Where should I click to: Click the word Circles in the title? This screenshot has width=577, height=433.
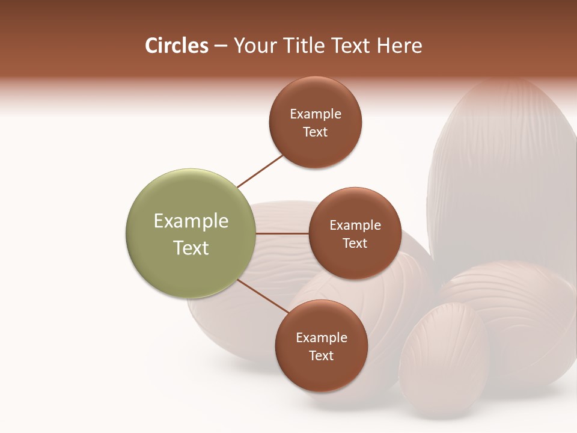pos(176,46)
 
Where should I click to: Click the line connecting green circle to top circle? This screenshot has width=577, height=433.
pos(260,170)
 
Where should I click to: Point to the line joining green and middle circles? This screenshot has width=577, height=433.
pos(282,233)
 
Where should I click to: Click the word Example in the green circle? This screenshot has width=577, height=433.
pos(191,221)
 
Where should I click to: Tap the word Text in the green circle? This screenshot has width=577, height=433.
pos(191,248)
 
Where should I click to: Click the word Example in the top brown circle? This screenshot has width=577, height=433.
pos(316,114)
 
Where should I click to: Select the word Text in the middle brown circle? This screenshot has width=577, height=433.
pos(355,243)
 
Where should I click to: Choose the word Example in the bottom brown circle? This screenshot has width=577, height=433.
pos(322,338)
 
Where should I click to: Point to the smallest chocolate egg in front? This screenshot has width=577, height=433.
pos(444,361)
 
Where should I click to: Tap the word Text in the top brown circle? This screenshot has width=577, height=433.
pos(315,132)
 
